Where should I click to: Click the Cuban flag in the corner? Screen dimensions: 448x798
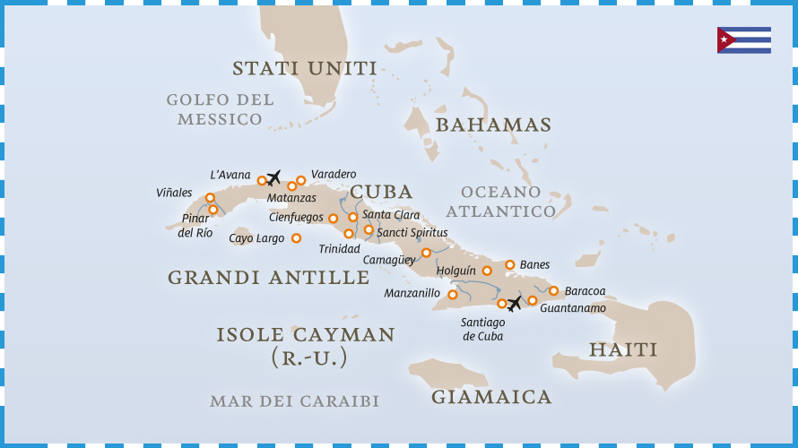pos(743,40)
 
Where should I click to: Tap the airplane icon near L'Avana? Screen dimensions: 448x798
pos(274,177)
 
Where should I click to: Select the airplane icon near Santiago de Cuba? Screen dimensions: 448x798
pos(515,304)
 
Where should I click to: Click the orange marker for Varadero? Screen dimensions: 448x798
pos(301,180)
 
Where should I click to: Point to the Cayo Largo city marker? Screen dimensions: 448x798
pos(296,238)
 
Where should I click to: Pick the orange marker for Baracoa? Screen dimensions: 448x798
pos(554,290)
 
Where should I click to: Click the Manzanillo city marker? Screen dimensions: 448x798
pos(453,294)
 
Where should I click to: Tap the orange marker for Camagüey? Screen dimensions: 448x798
pos(427,253)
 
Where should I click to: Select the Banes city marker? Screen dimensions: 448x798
pos(510,264)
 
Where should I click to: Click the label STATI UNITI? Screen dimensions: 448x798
pos(304,69)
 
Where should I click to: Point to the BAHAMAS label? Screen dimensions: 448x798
pos(493,125)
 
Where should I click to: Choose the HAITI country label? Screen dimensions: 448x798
pos(623,349)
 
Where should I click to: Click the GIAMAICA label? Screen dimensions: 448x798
pos(491,397)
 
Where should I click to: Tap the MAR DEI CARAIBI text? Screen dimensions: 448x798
pos(294,401)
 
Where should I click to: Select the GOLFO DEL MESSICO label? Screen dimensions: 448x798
pos(220,109)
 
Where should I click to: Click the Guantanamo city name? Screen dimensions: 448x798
pos(573,308)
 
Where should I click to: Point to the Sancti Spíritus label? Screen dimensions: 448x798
pos(412,233)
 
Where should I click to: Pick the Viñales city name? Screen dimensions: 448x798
pos(174,193)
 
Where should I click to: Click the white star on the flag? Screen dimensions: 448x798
pos(724,40)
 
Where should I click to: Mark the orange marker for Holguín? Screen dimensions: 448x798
pos(488,271)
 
